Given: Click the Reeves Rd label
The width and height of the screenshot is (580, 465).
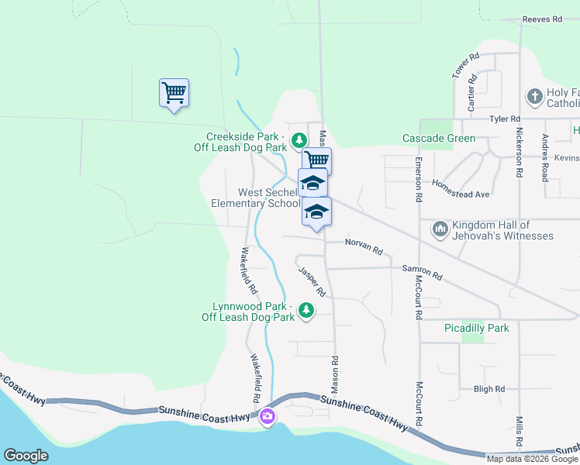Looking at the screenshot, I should pyautogui.click(x=541, y=19).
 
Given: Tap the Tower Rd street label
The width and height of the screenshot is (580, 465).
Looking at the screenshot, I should pyautogui.click(x=467, y=66).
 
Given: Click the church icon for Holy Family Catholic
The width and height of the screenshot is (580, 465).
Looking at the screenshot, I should pyautogui.click(x=534, y=97).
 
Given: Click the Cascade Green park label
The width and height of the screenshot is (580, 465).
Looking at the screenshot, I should pyautogui.click(x=438, y=139).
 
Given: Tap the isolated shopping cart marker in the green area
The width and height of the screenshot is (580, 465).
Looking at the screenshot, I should pyautogui.click(x=174, y=93).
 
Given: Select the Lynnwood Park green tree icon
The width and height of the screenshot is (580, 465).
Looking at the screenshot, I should pyautogui.click(x=306, y=310).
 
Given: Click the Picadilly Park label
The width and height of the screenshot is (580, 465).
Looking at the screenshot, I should pyautogui.click(x=476, y=329).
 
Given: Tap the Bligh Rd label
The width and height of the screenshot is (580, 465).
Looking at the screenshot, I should pyautogui.click(x=489, y=388).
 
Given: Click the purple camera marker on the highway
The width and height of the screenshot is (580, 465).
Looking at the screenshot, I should pyautogui.click(x=268, y=418).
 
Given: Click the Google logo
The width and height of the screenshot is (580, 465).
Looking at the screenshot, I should pyautogui.click(x=26, y=456).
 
